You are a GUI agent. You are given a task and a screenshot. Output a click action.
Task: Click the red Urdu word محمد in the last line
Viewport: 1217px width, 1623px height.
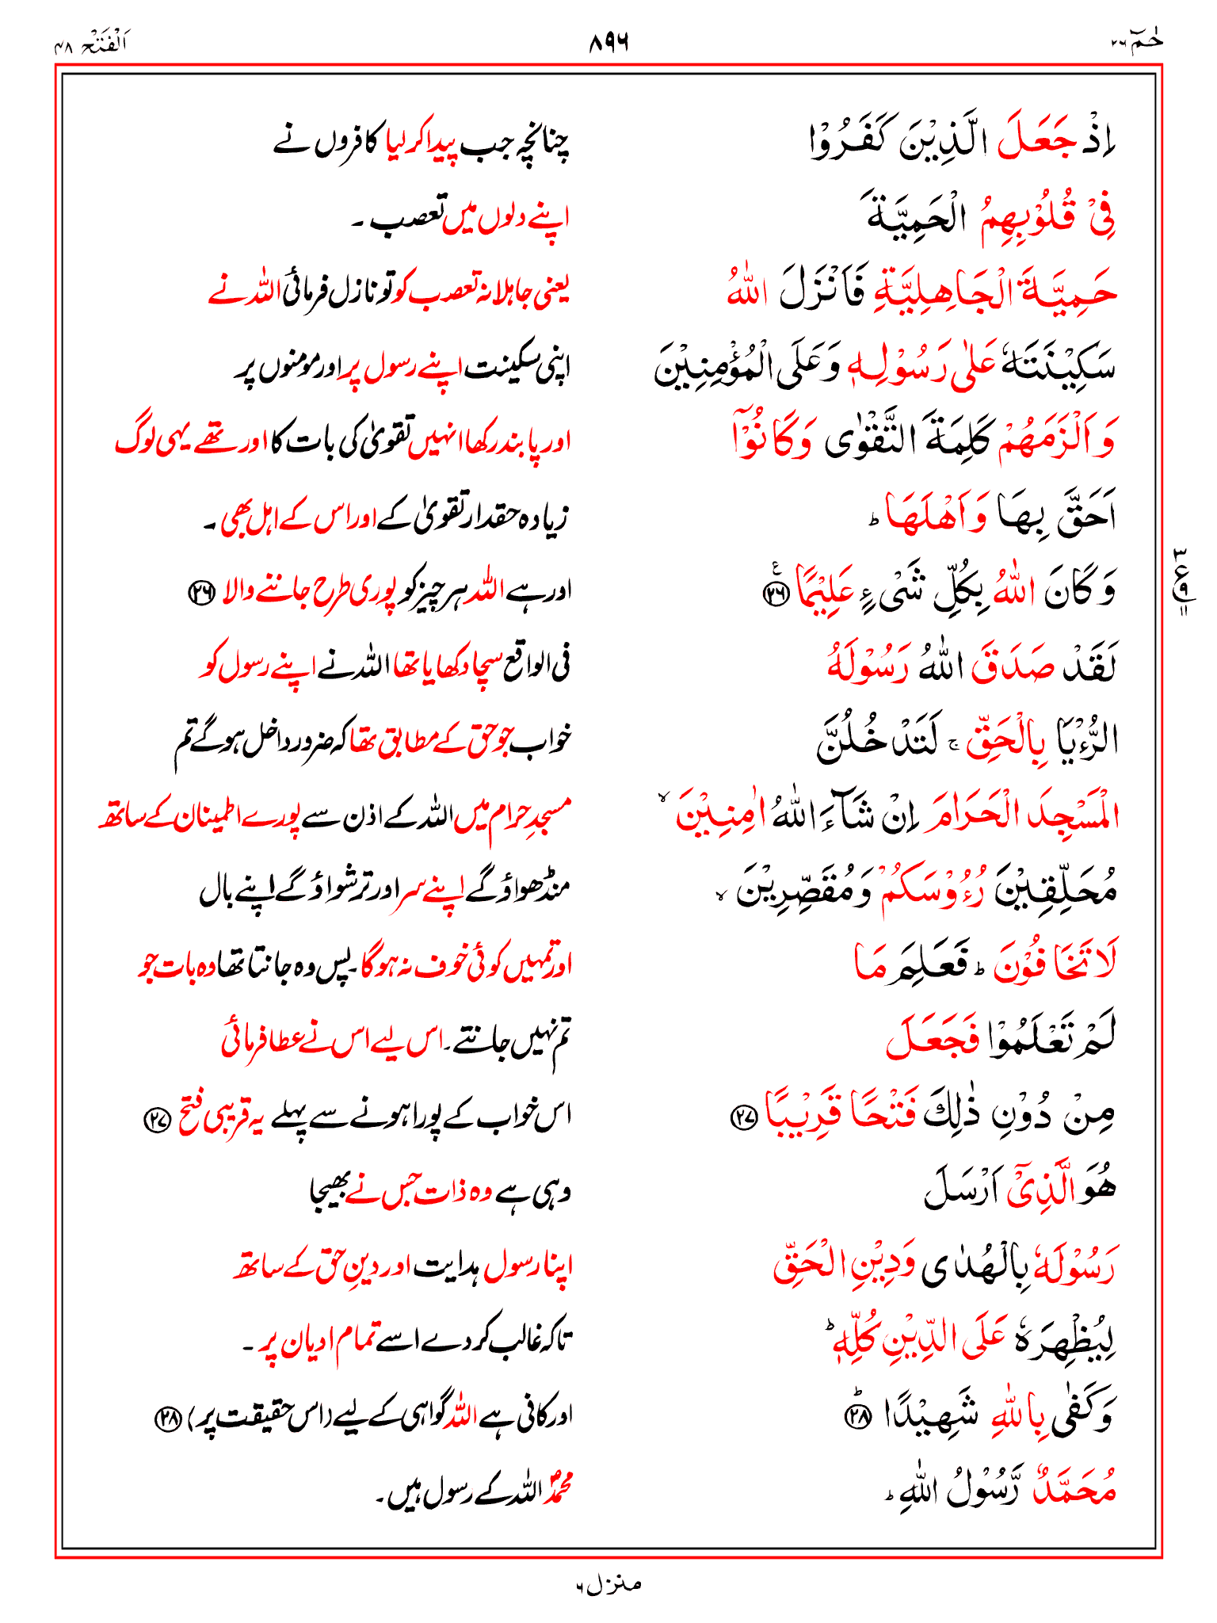coord(559,1491)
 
